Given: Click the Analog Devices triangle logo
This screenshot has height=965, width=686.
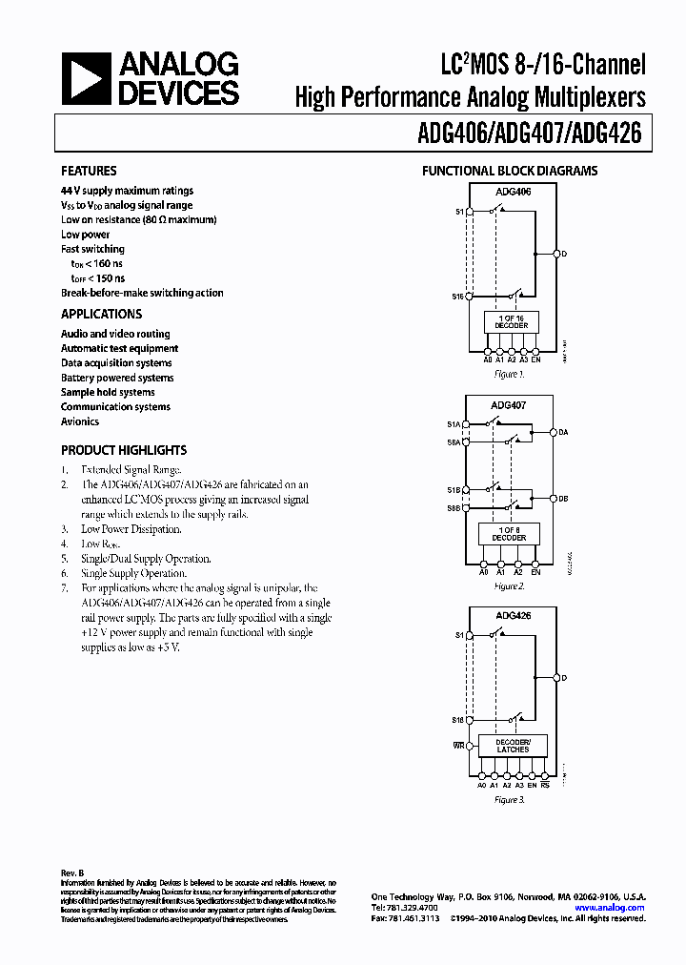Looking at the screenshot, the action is click(x=85, y=78).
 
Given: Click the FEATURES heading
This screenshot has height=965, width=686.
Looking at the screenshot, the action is click(x=89, y=171).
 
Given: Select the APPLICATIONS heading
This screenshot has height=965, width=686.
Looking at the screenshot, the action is click(x=101, y=314).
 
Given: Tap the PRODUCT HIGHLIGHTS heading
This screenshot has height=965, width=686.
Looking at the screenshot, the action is click(x=124, y=450).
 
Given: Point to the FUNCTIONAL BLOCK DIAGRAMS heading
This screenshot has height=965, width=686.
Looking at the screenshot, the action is click(x=510, y=172).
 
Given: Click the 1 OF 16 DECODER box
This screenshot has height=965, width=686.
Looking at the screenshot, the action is click(x=512, y=321).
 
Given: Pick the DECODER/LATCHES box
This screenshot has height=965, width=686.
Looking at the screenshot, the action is click(x=513, y=746).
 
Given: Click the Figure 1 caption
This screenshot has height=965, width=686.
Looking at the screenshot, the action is click(x=510, y=375).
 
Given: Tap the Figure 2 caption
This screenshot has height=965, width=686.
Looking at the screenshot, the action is click(x=510, y=586).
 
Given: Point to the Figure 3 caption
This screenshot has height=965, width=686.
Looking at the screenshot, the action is click(x=510, y=800).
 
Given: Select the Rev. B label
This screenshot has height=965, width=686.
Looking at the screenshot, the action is click(x=73, y=871).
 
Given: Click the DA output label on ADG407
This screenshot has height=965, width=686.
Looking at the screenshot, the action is click(x=563, y=433).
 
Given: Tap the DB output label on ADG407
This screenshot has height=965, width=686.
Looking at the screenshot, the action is click(x=563, y=498).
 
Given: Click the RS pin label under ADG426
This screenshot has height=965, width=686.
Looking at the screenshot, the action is click(x=544, y=785).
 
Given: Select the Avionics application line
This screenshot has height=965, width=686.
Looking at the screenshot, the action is click(x=80, y=421).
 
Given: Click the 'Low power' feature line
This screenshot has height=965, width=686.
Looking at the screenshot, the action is click(x=86, y=235).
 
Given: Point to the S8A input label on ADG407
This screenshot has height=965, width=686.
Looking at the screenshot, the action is click(x=454, y=442).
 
